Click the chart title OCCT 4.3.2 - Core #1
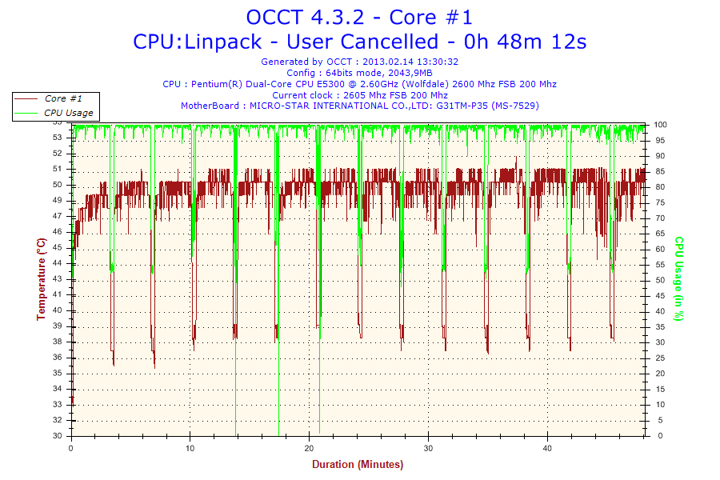[359, 17]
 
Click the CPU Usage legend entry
[68, 113]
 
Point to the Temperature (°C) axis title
[41, 279]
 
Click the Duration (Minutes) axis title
[358, 464]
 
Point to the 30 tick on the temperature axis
[57, 436]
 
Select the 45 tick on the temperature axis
[57, 247]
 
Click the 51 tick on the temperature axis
[57, 169]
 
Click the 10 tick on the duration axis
[190, 448]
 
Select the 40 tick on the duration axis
[548, 448]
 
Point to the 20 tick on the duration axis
[310, 448]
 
